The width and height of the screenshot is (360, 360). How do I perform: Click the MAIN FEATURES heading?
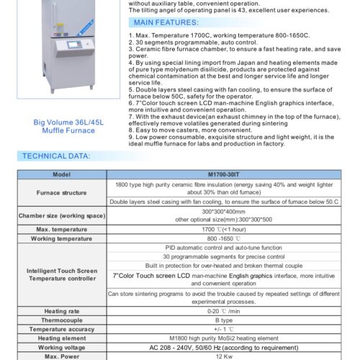point(166,22)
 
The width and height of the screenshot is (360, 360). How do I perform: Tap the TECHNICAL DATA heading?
point(56,156)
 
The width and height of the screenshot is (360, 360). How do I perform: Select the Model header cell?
point(62,174)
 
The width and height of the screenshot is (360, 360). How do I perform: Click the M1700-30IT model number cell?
point(224,174)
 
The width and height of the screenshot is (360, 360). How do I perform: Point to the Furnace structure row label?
point(61,193)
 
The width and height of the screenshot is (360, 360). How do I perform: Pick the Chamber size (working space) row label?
point(62,216)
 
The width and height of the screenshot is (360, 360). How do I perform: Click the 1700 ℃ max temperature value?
point(224,230)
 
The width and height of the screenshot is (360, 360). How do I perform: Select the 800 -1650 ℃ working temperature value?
point(224,238)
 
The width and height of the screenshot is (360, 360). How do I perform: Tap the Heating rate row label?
point(62,311)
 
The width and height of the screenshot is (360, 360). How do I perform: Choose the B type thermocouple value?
point(224,320)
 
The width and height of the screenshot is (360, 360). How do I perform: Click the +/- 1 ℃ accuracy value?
point(224,329)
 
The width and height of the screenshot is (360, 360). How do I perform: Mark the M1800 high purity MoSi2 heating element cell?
point(224,338)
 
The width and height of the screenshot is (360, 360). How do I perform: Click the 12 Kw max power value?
point(224,356)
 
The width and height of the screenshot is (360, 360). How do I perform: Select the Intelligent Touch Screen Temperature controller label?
point(62,274)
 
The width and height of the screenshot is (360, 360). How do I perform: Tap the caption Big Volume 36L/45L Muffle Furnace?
point(68,127)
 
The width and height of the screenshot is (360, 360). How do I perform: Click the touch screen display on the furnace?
point(74,45)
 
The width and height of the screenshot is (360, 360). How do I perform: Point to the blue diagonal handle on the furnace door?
point(85,28)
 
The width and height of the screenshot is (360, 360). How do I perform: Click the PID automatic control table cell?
point(224,248)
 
